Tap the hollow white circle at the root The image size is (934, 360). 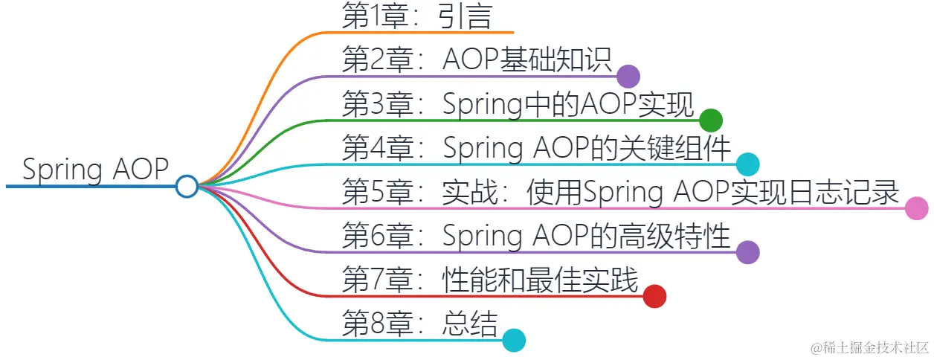click(x=187, y=186)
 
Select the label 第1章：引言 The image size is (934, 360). click(x=416, y=16)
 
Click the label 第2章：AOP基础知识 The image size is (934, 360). click(x=477, y=60)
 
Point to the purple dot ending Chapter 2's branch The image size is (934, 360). click(x=628, y=76)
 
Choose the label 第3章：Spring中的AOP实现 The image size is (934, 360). click(x=518, y=104)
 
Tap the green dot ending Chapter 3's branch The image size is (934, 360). click(x=711, y=120)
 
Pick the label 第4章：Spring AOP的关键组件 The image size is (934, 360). click(x=536, y=148)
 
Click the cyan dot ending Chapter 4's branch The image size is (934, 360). click(x=747, y=164)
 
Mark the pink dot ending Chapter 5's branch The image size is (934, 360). click(x=916, y=208)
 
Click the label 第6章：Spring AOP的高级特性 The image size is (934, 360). click(x=536, y=236)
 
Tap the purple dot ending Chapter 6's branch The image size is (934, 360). click(x=747, y=252)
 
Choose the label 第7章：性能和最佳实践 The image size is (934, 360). click(x=490, y=280)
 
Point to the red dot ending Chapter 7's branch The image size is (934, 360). click(x=654, y=296)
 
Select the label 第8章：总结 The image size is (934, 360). click(x=419, y=324)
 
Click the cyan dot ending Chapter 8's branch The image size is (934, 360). click(x=514, y=340)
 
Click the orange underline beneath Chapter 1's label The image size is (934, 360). click(x=446, y=33)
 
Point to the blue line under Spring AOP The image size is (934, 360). click(x=89, y=186)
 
